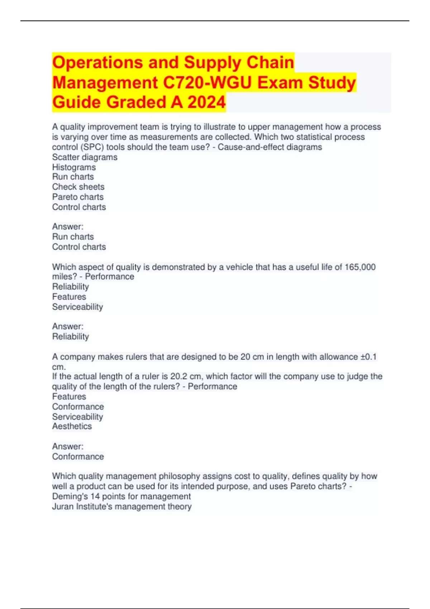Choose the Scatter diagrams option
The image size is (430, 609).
(x=85, y=157)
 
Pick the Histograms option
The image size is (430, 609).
(x=74, y=167)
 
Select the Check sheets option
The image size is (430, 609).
(x=78, y=187)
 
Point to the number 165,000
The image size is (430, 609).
(x=360, y=267)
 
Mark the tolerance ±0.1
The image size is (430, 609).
(x=368, y=357)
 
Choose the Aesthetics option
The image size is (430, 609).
(x=72, y=426)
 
